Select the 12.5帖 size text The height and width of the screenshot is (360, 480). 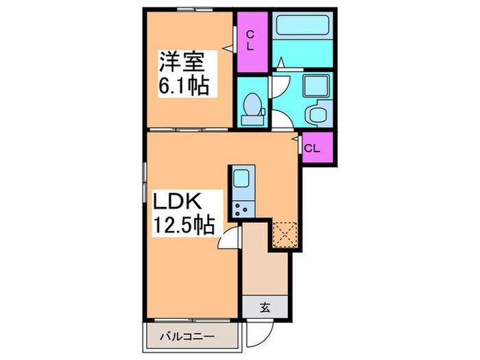tap(180, 224)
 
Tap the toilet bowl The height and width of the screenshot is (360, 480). tap(252, 108)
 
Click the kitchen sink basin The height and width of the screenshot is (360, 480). tap(243, 180)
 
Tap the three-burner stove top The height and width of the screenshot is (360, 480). tap(243, 208)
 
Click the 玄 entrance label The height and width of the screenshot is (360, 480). tap(265, 308)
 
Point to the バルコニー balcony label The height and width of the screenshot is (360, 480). tap(188, 337)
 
